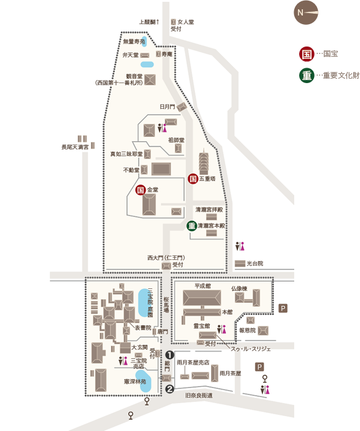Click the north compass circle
tap(306, 12)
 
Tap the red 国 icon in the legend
tap(307, 54)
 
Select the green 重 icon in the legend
tap(307, 75)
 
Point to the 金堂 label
tap(153, 189)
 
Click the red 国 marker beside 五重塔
tap(193, 179)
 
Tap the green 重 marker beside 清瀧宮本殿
tap(192, 226)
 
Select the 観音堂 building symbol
tap(150, 80)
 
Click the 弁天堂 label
tap(130, 55)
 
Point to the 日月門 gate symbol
tap(182, 107)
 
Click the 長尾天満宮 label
tap(75, 148)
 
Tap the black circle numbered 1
tap(169, 355)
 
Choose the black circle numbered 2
tap(169, 389)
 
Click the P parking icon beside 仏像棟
tap(283, 308)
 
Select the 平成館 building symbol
tap(202, 298)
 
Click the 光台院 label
tap(255, 264)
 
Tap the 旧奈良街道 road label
tap(199, 395)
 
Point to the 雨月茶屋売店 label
tap(193, 362)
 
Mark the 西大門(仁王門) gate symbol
tap(166, 266)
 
